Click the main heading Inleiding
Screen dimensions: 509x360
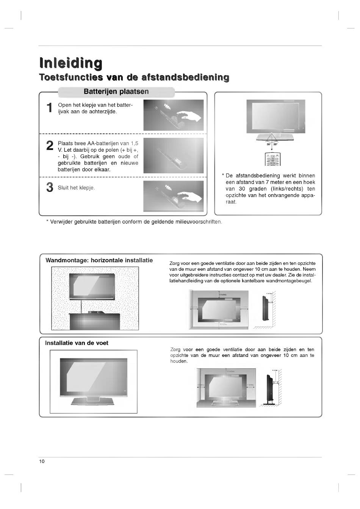[x=71, y=63]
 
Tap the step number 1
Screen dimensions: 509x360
[x=49, y=108]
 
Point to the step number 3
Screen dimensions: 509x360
[x=50, y=187]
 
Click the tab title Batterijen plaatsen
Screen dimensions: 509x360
[x=116, y=92]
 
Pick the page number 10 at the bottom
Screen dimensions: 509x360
[x=42, y=461]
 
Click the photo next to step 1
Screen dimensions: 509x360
[x=173, y=115]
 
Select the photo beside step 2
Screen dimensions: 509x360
[x=173, y=156]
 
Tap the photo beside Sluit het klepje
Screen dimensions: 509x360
[x=173, y=196]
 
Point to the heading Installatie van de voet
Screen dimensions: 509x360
[x=77, y=343]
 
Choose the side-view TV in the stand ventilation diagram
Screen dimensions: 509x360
[x=270, y=389]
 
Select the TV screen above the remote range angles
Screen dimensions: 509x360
[x=275, y=116]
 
